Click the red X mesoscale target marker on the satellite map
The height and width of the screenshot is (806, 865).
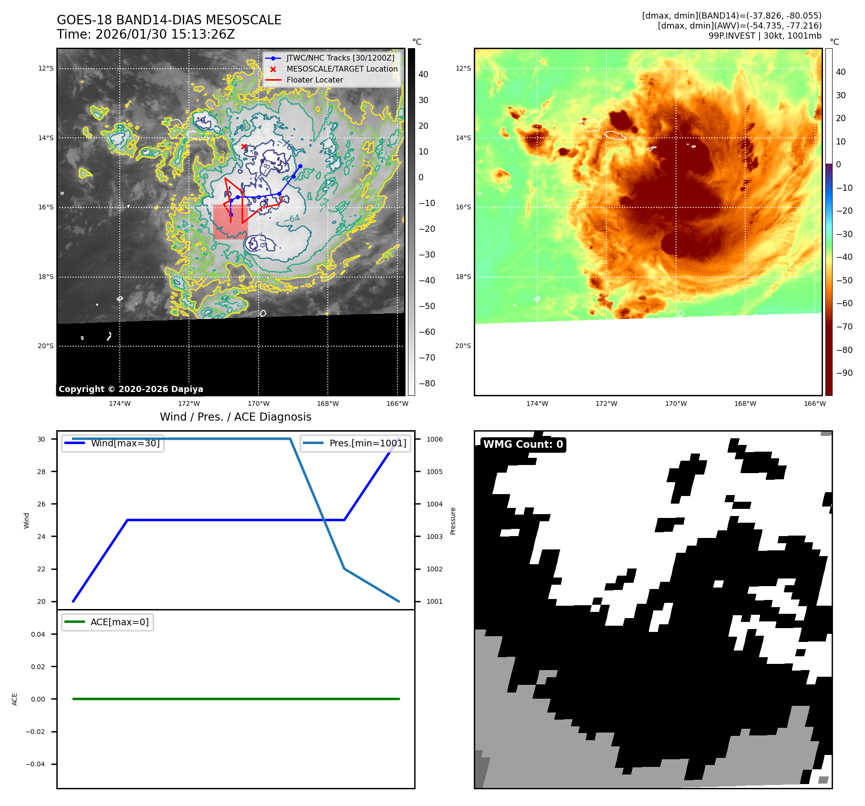(244, 146)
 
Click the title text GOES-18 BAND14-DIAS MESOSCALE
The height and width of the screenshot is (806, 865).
(169, 20)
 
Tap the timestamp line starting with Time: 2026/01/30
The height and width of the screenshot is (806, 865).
(146, 34)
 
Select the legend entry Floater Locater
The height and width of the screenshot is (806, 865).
(314, 80)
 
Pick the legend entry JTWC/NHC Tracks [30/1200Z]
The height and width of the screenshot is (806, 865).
(340, 58)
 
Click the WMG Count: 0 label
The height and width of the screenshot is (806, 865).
(523, 444)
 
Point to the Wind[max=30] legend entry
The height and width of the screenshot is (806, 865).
(125, 443)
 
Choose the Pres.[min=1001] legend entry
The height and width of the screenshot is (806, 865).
(367, 443)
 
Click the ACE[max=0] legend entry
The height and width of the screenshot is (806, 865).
(119, 622)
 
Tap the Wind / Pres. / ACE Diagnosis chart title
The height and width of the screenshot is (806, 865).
(235, 417)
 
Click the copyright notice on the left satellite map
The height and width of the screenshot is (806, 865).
(131, 389)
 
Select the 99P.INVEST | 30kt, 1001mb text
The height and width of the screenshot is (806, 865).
(765, 36)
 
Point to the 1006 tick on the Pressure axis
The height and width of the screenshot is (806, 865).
(434, 439)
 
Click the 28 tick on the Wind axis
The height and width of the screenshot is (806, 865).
(42, 472)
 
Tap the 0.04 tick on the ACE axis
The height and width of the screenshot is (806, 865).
(38, 634)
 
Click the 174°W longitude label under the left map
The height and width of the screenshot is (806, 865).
(119, 403)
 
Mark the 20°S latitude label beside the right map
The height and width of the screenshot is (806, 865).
(463, 346)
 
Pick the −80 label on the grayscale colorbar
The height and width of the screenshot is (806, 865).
(427, 383)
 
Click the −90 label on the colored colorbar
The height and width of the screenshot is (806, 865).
(844, 373)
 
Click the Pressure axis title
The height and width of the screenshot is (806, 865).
(453, 521)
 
